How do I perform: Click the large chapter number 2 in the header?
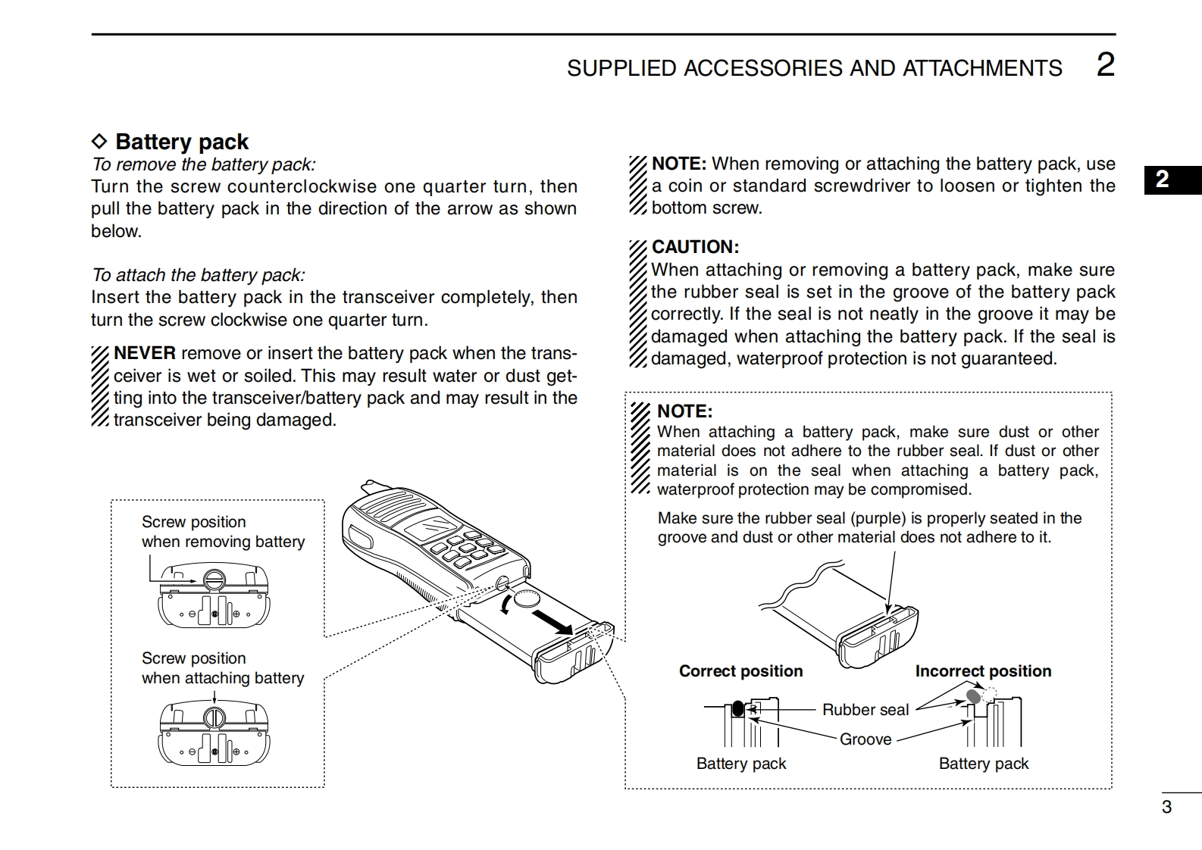[x=1106, y=65]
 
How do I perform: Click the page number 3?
[x=1166, y=807]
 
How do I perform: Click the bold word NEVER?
[x=145, y=353]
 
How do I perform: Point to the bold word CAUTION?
[x=695, y=247]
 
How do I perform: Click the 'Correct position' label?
[x=740, y=671]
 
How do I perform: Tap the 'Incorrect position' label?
[x=983, y=671]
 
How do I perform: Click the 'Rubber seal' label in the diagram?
[x=865, y=710]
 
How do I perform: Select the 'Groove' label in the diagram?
[x=865, y=739]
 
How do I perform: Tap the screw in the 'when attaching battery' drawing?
[x=214, y=716]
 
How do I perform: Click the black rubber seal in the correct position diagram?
[x=738, y=709]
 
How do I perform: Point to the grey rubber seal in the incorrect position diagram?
[x=974, y=695]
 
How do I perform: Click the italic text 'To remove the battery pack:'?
[x=203, y=164]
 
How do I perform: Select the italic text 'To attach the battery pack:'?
[x=198, y=275]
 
